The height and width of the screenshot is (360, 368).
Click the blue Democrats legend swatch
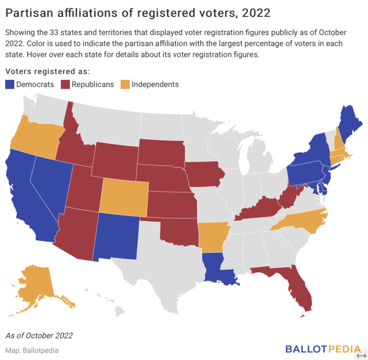(10, 85)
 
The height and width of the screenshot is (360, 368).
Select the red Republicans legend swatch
(65, 85)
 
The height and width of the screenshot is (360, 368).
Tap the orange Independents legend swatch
(125, 85)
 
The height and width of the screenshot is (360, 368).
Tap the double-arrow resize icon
(361, 355)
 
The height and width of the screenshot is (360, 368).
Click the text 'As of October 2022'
(39, 335)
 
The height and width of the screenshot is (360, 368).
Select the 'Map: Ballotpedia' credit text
(32, 350)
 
